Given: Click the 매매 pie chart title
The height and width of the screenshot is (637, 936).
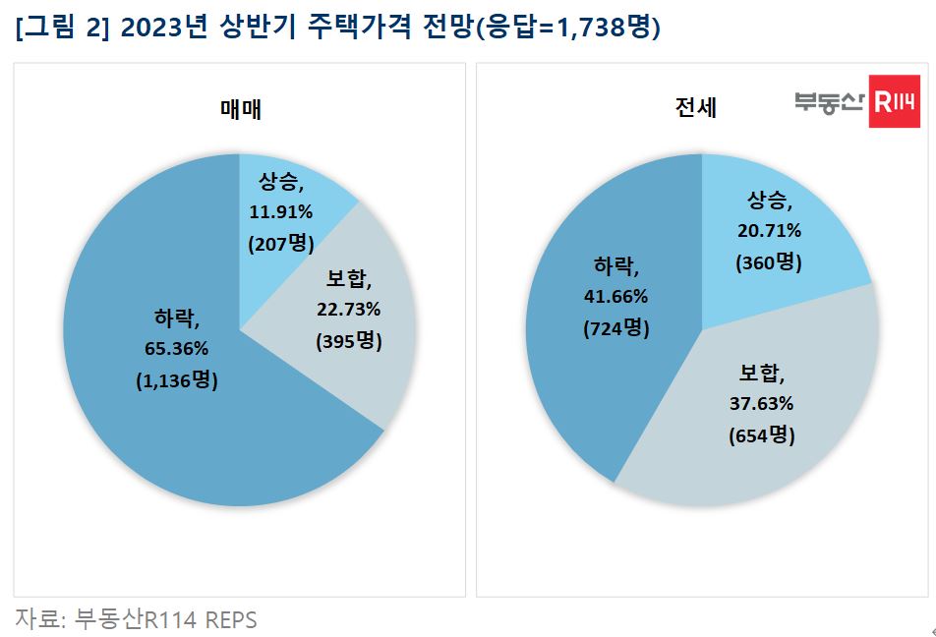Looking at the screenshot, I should [x=240, y=110].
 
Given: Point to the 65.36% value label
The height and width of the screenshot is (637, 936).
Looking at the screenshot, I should [x=177, y=350].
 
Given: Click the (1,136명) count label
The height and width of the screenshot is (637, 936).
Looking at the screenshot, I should [x=177, y=381].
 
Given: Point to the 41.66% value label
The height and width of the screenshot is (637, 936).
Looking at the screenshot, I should [x=615, y=296].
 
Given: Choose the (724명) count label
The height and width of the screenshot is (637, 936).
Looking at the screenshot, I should [x=615, y=328].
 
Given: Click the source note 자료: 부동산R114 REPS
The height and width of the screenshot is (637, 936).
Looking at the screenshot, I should [x=136, y=619].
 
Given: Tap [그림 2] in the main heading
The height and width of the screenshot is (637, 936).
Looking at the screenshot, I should [x=61, y=29].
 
